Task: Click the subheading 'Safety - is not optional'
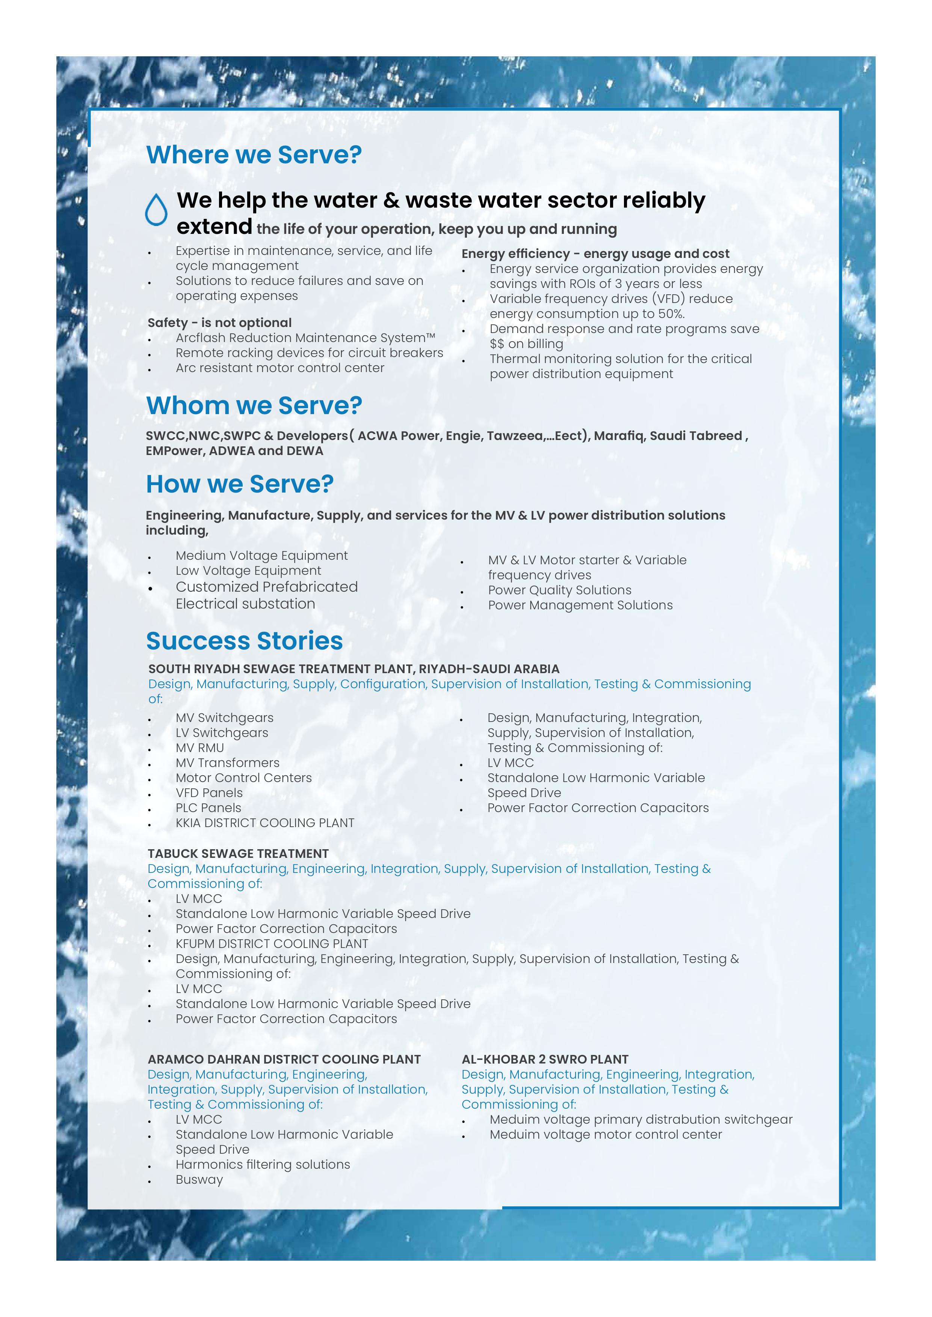(x=219, y=323)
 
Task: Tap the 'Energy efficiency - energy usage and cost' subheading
(x=595, y=253)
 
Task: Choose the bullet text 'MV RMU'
(x=200, y=748)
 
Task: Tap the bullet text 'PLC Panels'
(x=208, y=808)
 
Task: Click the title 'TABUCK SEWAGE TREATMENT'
(x=238, y=853)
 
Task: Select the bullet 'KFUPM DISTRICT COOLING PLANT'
(x=272, y=943)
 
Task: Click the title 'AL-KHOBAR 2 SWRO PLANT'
(x=545, y=1059)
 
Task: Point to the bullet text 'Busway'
(x=199, y=1179)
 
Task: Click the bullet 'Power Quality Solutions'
(x=560, y=590)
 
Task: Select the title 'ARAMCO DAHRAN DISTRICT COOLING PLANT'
(x=284, y=1059)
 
